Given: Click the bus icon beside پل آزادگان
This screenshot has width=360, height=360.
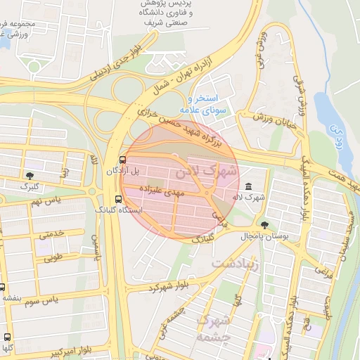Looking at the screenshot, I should click(x=124, y=160).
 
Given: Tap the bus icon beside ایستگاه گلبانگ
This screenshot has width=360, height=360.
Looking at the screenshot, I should click(x=117, y=198).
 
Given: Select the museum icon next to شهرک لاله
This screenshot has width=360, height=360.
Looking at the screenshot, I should click(x=251, y=186).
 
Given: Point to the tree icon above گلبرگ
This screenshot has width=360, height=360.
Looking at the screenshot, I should click(x=30, y=174).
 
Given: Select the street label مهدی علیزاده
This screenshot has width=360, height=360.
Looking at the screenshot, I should click(x=160, y=190).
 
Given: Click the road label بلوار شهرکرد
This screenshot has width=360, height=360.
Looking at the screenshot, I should click(x=169, y=288).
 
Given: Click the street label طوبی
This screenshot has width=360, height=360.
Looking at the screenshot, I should click(x=54, y=257).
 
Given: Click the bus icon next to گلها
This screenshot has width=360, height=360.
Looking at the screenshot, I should click(x=7, y=337).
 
